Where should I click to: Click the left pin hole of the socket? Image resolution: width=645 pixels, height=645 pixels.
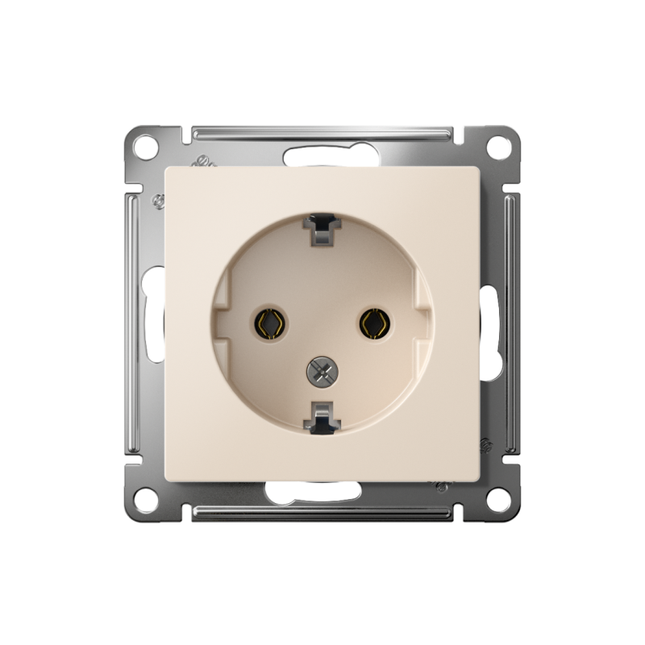270,322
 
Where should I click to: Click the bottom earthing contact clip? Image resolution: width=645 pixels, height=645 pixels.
322,417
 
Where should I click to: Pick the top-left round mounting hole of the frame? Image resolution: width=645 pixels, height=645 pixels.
145,148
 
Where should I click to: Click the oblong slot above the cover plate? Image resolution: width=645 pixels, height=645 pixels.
322,155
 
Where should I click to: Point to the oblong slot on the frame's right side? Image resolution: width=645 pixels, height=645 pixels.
490,322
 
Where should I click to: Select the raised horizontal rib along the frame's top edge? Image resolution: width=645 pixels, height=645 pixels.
322,131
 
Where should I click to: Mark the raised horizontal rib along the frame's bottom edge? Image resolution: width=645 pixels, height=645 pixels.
322,512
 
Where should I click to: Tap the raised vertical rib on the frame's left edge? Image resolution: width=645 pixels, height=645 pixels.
132,322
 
